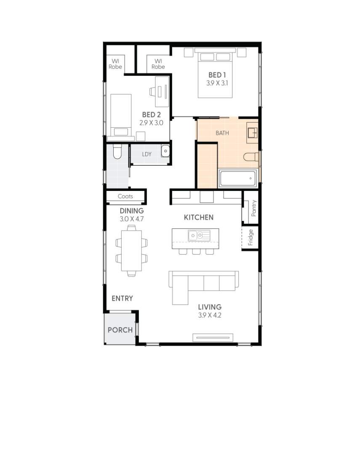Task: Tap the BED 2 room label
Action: (x=151, y=114)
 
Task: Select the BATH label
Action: (x=222, y=133)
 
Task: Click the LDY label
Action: (x=147, y=154)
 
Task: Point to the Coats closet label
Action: (x=125, y=196)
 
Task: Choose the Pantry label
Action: (x=253, y=208)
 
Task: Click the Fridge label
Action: (x=251, y=237)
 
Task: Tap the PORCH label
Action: (x=120, y=330)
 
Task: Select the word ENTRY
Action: (x=122, y=298)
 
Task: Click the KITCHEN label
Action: (x=199, y=217)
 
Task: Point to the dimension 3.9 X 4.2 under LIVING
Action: (x=210, y=315)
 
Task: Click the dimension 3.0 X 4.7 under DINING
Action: (x=132, y=219)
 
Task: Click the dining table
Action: (x=131, y=250)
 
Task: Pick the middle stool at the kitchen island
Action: (x=196, y=252)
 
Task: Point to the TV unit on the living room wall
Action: (x=213, y=337)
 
